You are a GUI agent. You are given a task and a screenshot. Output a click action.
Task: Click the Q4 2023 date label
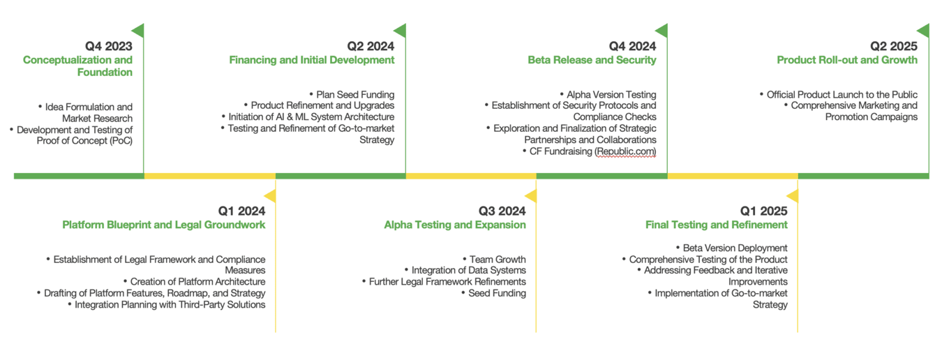tap(109, 46)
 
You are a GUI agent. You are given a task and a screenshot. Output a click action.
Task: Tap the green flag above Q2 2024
tap(401, 31)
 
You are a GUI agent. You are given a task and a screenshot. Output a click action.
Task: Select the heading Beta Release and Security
tap(592, 60)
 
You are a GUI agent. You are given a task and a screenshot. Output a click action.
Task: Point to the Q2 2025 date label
tap(893, 46)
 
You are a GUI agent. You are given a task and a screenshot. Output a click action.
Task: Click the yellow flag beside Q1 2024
tap(271, 195)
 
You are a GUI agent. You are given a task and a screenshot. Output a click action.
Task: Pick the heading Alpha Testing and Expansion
tap(455, 225)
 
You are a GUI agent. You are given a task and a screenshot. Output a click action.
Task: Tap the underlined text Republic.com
tap(626, 151)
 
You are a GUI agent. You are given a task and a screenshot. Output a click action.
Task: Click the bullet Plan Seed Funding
tap(352, 94)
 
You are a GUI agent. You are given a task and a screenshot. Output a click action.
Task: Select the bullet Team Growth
tap(494, 260)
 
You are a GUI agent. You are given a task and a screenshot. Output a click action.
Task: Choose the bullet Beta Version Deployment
tap(732, 248)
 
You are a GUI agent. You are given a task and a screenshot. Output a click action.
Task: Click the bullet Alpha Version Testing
tap(608, 94)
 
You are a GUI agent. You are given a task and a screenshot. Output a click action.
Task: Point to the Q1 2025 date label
tap(764, 211)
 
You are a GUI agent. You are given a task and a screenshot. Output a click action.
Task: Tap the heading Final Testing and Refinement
tap(717, 225)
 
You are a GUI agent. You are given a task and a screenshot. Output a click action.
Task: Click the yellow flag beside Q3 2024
tap(531, 195)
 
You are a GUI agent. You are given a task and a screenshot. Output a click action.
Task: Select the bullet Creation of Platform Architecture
tap(195, 282)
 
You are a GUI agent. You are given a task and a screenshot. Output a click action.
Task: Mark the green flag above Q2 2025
tap(924, 31)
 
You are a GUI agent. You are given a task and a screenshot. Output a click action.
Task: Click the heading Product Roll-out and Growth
tap(847, 60)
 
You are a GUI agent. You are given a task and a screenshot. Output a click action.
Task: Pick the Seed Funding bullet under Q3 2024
tap(493, 293)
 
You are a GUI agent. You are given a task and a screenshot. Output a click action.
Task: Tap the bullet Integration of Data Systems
tap(465, 270)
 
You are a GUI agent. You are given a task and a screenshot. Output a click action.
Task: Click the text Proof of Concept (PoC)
tap(84, 141)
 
